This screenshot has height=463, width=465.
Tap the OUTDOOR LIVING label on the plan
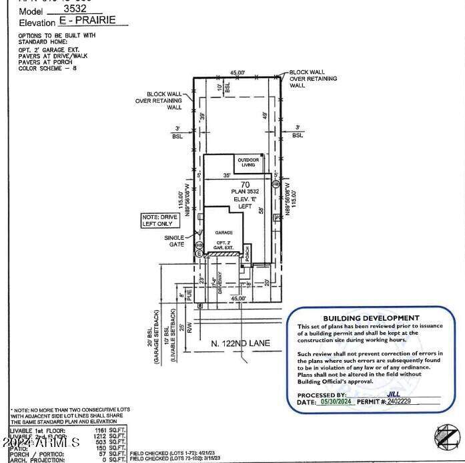point(248,162)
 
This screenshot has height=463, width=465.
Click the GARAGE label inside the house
point(223,232)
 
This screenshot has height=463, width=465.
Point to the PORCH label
point(247,255)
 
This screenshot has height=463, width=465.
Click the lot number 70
point(245,184)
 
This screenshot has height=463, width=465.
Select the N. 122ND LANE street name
point(240,343)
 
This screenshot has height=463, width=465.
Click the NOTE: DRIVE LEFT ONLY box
point(157,220)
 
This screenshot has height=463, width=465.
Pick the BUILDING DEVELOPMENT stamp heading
point(371,318)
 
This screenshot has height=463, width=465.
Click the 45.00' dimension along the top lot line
point(237,73)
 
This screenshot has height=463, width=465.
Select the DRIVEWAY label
point(221,286)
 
